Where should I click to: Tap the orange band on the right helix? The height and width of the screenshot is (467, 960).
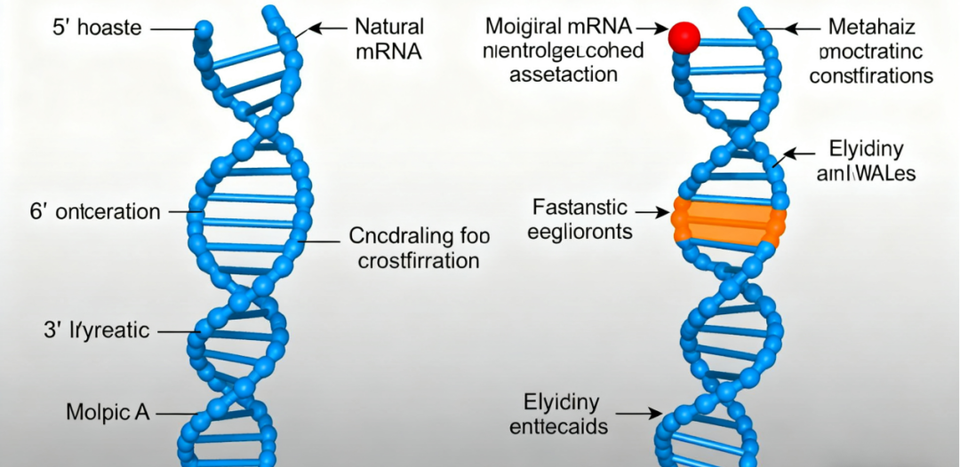coord(728,221)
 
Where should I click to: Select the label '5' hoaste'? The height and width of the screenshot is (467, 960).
coord(97,28)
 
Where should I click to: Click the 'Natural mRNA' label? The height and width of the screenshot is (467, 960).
coord(388,39)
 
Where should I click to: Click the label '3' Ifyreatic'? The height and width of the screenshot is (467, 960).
coord(97,332)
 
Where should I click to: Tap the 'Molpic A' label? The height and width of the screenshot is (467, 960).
coord(106,412)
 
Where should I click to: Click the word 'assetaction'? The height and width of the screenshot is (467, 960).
coord(564,75)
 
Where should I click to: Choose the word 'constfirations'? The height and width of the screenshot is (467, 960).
coord(871,75)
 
